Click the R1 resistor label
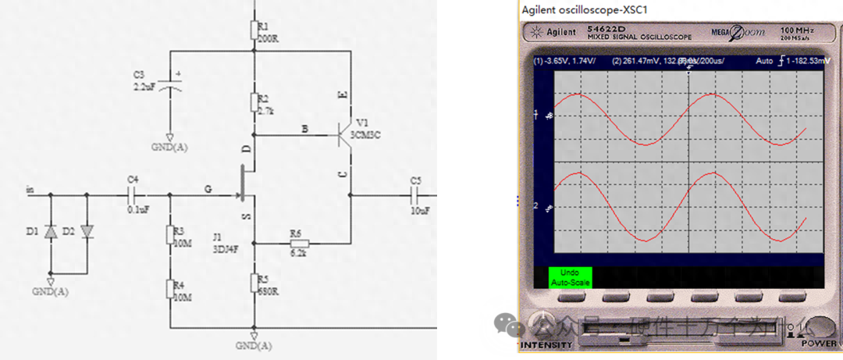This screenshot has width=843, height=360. pos(262,26)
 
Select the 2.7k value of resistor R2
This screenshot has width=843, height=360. pos(264,111)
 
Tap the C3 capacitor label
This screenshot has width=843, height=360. pos(139,74)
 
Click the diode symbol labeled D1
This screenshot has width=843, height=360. pos(51,232)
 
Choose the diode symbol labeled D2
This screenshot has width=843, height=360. pos(86,232)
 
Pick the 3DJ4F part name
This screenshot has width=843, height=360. pos(225,249)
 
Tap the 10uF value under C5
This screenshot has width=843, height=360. pos(420,212)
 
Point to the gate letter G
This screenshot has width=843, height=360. pos(208,188)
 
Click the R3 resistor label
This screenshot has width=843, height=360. pos(179,232)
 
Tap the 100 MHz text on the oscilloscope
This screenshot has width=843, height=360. pos(797,30)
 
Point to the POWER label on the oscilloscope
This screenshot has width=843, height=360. pos(818,344)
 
